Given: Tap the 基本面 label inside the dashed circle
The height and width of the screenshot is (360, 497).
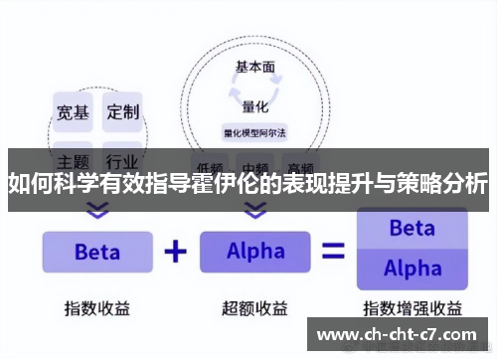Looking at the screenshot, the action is (x=255, y=68).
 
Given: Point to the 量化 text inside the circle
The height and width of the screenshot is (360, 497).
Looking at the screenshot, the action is (x=255, y=103).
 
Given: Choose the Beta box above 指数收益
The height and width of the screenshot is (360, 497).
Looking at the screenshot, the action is (x=96, y=252).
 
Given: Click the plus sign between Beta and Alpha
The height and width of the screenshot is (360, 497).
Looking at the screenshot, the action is (x=175, y=251).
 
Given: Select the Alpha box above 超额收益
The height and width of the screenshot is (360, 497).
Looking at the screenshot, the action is (x=255, y=252).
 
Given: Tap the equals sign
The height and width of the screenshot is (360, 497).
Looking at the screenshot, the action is (x=334, y=251).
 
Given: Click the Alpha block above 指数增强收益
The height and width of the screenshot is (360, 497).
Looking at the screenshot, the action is (x=412, y=269).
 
